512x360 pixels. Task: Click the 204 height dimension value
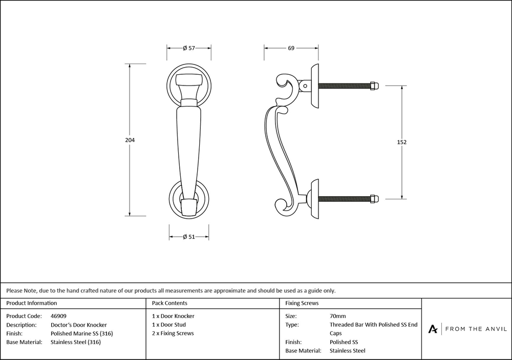[130, 140]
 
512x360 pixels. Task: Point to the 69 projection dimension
[291, 48]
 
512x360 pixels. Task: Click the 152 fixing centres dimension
[401, 142]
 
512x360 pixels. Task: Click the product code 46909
[59, 316]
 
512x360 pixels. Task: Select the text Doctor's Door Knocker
[79, 325]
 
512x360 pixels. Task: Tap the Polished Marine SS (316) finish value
[82, 333]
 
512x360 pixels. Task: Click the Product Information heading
[32, 303]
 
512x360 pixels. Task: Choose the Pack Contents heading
[169, 303]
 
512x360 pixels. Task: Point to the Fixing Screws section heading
[302, 303]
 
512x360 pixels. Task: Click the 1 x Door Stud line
[169, 325]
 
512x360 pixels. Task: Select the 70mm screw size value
[338, 316]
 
